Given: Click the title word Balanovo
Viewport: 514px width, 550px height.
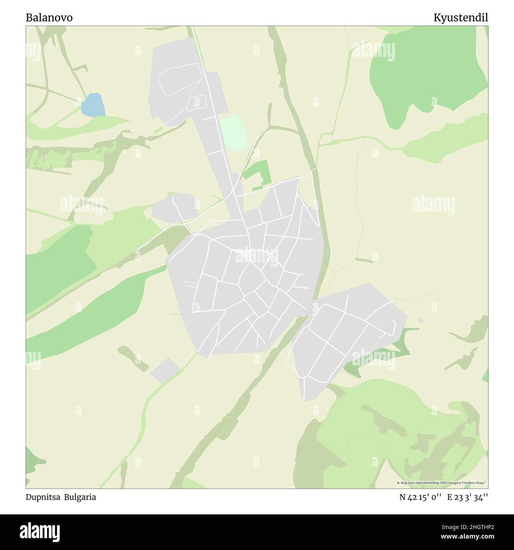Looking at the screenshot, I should (49, 18).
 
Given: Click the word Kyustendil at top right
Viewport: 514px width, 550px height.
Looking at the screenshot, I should (461, 18).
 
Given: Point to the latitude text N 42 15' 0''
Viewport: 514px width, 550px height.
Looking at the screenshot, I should (420, 497).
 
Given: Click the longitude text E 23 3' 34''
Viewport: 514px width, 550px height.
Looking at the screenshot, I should (468, 497).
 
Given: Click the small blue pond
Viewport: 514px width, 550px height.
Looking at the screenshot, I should (93, 105).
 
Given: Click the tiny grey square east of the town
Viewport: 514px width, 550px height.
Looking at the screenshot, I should (420, 320).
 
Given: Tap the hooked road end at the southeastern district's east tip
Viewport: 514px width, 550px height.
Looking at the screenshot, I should (393, 326).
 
